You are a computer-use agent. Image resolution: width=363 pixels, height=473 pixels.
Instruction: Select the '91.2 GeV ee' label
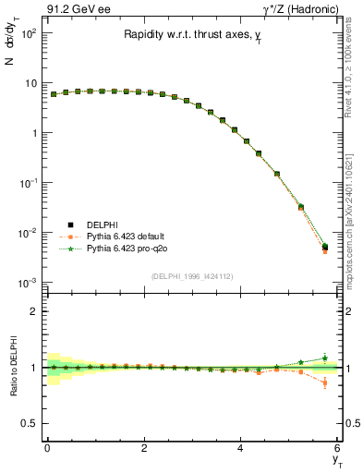[76, 8]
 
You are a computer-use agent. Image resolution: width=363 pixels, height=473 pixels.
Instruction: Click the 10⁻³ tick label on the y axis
[28, 282]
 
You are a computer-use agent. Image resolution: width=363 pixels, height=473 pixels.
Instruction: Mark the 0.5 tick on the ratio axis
[30, 423]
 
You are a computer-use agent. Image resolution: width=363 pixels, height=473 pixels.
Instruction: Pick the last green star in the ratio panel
[324, 358]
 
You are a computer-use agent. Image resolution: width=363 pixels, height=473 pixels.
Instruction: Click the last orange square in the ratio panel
[324, 382]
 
